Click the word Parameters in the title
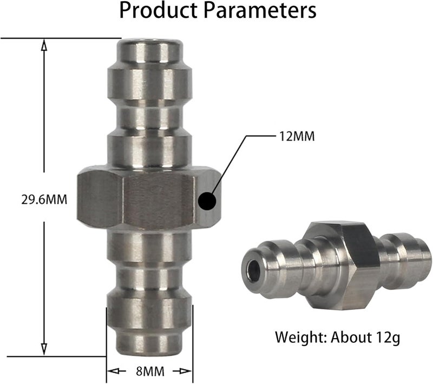(x=260, y=10)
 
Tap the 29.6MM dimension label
(x=44, y=200)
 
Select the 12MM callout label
(x=297, y=136)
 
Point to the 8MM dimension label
(x=150, y=372)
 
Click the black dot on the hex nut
(x=207, y=201)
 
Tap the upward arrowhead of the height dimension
(x=44, y=45)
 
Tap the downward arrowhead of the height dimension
(x=44, y=349)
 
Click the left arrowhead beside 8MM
(x=114, y=372)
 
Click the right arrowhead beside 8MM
(x=186, y=372)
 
